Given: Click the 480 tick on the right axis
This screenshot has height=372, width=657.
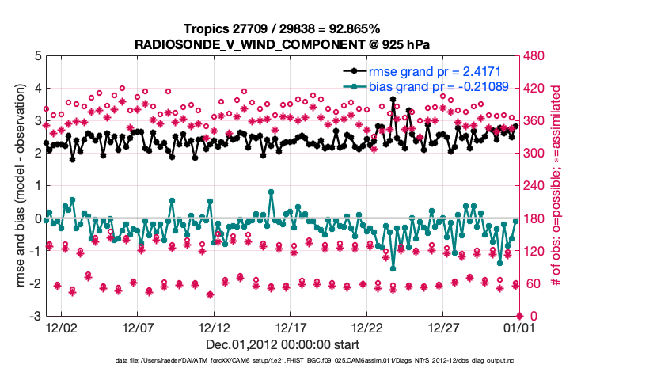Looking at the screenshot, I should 532,56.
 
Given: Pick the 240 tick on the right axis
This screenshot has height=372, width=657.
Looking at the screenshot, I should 532,187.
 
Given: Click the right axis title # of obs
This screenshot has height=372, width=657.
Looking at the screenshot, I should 556,186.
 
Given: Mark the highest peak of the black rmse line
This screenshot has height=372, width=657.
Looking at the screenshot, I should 393,100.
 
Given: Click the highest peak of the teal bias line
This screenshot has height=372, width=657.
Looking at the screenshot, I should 271,192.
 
